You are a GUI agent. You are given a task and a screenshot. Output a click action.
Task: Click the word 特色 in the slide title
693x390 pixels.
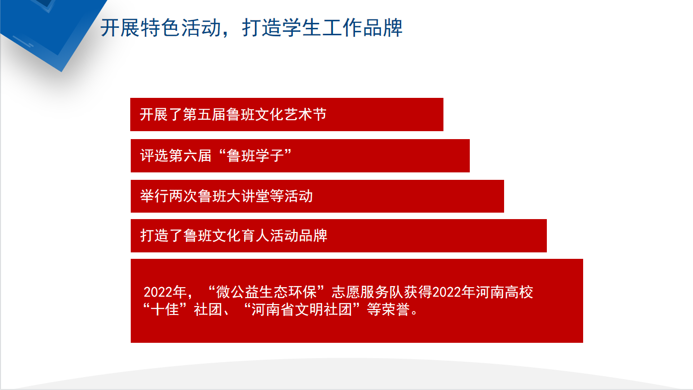[x=160, y=28]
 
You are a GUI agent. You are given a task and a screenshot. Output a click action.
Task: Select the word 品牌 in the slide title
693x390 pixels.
[x=382, y=28]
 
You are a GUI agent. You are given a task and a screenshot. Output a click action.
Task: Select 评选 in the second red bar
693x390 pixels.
[x=155, y=156]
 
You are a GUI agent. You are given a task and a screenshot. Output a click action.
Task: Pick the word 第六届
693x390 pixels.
[x=190, y=156]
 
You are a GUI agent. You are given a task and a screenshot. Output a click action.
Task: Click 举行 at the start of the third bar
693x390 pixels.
[x=155, y=196]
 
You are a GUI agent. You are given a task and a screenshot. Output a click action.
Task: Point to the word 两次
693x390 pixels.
[x=183, y=196]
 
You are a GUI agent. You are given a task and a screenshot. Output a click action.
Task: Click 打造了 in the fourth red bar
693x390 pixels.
[x=162, y=235]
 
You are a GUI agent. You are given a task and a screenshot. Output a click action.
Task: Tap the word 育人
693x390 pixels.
[x=255, y=235]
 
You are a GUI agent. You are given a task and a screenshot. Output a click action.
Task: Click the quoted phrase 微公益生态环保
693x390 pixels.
[x=266, y=292]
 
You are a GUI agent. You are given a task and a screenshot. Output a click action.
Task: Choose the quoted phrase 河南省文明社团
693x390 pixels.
[x=302, y=310]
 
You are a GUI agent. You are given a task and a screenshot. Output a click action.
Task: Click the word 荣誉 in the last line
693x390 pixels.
[x=395, y=310]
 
